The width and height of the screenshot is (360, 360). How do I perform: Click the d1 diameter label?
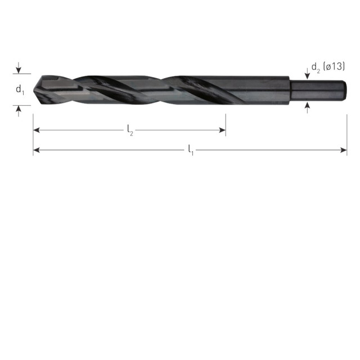[20, 89]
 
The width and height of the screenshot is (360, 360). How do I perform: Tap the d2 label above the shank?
[316, 67]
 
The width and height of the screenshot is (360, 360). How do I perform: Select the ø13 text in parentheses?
[334, 66]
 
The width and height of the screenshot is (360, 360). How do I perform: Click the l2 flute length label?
[130, 130]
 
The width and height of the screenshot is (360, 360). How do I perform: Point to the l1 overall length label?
[191, 150]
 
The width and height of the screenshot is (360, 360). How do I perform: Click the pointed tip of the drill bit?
[34, 90]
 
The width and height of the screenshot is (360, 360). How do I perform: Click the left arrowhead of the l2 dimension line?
[37, 130]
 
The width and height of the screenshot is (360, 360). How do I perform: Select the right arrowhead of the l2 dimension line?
[222, 130]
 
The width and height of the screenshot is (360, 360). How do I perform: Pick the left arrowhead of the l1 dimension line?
[37, 150]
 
